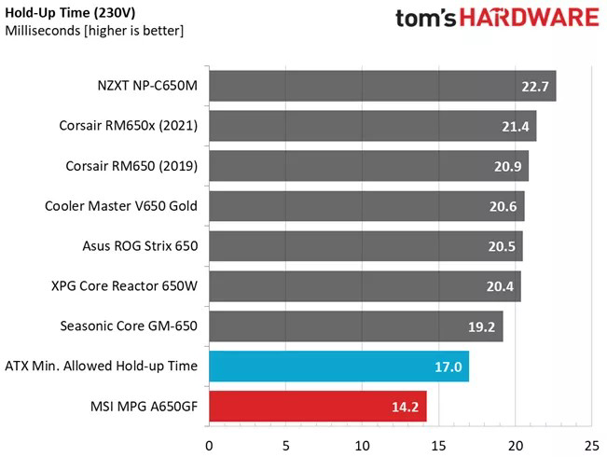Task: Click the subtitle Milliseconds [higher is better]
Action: click(94, 31)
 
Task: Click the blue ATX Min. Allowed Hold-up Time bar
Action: click(338, 367)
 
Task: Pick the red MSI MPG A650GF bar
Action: click(317, 407)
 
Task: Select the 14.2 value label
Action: click(407, 408)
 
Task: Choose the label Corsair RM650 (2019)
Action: click(131, 166)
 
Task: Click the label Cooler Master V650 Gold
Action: click(121, 206)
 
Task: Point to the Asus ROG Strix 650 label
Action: click(140, 246)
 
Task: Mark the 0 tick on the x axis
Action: click(209, 444)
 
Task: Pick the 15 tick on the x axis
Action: click(438, 444)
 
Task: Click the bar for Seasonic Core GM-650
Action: click(355, 326)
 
